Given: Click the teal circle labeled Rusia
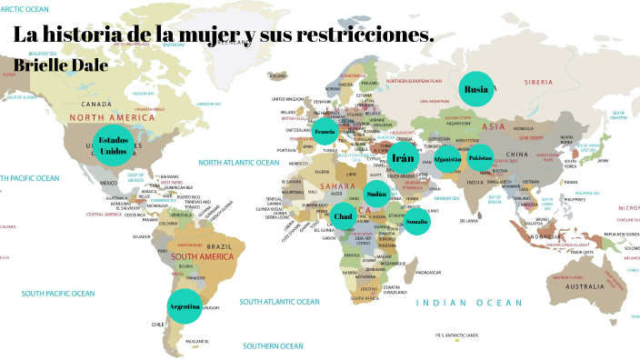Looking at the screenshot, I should [x=475, y=89].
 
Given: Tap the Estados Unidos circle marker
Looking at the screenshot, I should [x=114, y=145].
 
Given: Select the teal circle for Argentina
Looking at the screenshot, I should [x=185, y=306].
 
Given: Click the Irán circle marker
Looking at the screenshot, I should [x=404, y=158].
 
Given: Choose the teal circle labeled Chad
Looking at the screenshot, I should [x=344, y=216].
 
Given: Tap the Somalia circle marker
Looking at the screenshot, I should [x=416, y=221].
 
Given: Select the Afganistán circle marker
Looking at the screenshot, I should [x=448, y=158].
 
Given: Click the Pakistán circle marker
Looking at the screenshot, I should [x=481, y=158].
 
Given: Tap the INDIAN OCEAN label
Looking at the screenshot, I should [x=469, y=303].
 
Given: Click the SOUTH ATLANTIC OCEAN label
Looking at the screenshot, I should [x=280, y=301].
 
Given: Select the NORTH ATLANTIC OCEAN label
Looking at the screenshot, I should [x=239, y=163].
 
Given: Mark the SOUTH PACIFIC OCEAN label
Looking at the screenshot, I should [x=58, y=294].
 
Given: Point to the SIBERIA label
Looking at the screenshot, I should [x=564, y=82].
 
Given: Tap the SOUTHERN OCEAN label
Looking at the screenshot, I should [x=274, y=345].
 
